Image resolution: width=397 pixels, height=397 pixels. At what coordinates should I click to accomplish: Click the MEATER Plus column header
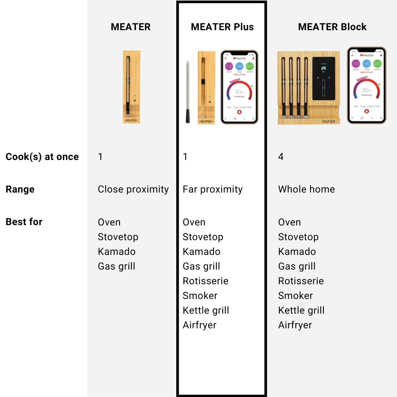point(222,27)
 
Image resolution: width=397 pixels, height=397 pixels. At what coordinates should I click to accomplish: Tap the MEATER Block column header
point(332,27)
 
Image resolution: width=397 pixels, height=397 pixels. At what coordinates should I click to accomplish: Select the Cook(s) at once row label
point(42,157)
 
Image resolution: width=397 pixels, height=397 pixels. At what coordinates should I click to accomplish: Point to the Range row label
point(20,189)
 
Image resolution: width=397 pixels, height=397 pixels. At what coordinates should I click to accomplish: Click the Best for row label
point(24,222)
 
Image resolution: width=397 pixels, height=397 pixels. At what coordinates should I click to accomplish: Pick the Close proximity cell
point(133,189)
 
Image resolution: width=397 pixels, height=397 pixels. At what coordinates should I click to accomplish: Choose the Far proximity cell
point(212,189)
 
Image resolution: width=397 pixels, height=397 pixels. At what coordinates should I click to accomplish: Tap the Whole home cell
point(306,189)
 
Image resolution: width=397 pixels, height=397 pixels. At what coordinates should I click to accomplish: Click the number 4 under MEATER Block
point(281,157)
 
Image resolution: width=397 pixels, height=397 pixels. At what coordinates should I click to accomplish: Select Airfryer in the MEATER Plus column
point(199,325)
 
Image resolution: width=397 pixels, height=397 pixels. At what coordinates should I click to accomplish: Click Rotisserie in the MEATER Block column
point(301,281)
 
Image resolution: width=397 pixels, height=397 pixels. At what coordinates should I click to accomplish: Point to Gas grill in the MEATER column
point(116,266)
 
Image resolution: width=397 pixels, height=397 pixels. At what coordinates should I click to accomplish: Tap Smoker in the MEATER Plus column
point(200,296)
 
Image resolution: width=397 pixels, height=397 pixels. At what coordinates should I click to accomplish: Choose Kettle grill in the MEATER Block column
point(301,310)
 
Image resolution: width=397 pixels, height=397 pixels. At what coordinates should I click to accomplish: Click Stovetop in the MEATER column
point(118,237)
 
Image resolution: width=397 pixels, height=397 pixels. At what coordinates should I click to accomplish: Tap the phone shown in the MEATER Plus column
point(239,87)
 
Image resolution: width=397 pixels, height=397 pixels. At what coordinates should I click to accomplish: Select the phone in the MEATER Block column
point(366,85)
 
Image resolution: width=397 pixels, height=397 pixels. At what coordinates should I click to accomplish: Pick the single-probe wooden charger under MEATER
point(131,87)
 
